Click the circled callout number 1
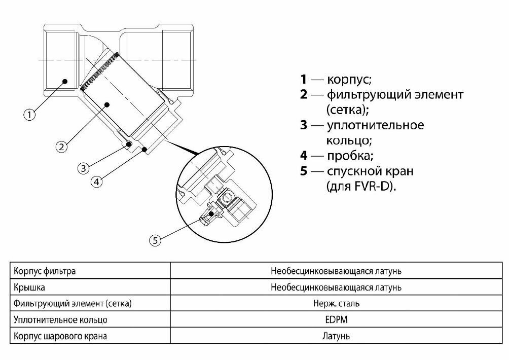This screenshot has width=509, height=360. [30, 115]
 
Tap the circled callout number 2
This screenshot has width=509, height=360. [61, 147]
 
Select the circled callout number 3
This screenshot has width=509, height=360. [84, 167]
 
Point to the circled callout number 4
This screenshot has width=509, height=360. [98, 181]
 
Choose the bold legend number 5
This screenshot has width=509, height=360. [304, 171]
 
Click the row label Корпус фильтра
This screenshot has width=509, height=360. [45, 271]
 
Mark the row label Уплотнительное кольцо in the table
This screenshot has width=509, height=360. [61, 320]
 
